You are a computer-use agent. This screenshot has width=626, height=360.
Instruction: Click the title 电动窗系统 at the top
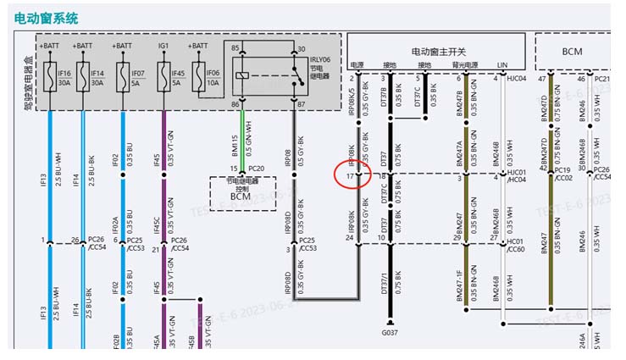pyautogui.click(x=47, y=17)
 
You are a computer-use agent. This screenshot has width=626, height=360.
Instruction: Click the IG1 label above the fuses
pyautogui.click(x=163, y=46)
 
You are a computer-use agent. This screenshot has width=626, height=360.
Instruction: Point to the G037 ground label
pyautogui.click(x=390, y=333)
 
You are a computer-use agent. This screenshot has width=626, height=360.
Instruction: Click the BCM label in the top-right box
pyautogui.click(x=572, y=52)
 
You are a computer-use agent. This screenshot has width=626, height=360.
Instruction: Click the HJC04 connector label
pyautogui.click(x=516, y=79)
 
